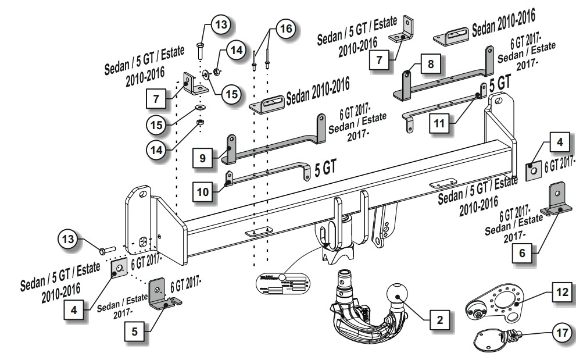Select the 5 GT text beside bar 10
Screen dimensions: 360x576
(x=325, y=169)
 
